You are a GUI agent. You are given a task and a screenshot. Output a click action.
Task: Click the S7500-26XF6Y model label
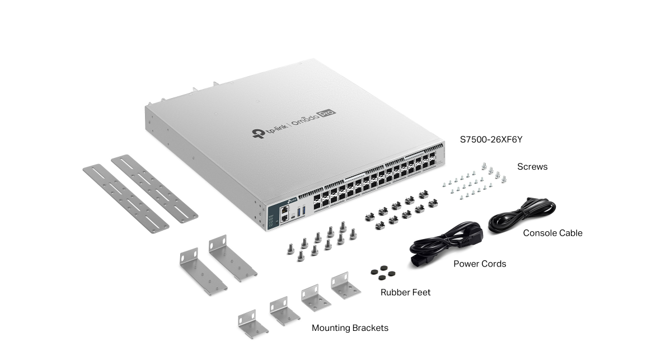(491, 139)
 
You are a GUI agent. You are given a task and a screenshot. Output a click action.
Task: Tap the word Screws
(532, 167)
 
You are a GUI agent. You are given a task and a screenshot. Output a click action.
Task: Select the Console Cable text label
(552, 233)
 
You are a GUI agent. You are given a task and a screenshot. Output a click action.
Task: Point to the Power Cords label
(480, 264)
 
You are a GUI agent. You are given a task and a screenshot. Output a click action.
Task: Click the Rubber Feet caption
(405, 292)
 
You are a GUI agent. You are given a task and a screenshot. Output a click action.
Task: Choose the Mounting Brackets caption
(350, 328)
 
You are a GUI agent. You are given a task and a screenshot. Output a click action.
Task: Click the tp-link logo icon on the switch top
(258, 134)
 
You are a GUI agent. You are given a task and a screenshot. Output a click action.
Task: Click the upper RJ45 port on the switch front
(285, 209)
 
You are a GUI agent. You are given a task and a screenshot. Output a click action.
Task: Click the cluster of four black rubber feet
(382, 272)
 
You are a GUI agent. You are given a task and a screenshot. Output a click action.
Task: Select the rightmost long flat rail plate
(154, 189)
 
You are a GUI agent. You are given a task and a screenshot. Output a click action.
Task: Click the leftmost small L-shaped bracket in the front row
(247, 324)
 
